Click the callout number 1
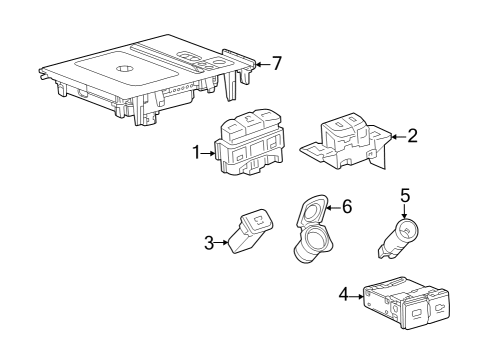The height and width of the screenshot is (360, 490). (x=197, y=153)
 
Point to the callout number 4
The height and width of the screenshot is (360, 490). (x=343, y=296)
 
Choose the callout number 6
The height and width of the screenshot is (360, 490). (x=347, y=206)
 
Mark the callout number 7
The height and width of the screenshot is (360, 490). (x=277, y=63)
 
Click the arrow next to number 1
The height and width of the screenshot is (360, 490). (x=210, y=154)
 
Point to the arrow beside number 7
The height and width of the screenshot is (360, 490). (x=261, y=63)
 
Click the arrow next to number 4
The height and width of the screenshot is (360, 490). (x=357, y=296)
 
